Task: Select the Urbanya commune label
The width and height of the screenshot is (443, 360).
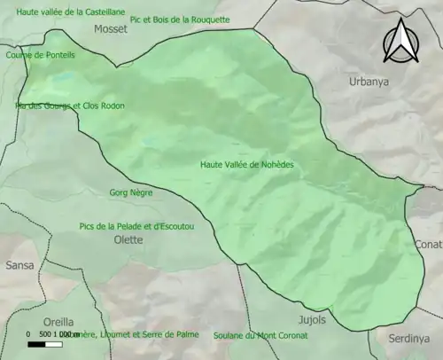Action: tap(369, 81)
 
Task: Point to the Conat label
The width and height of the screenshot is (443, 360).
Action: tap(428, 244)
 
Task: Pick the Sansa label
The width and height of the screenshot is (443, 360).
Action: tap(19, 265)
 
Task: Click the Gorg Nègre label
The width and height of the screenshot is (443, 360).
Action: tap(130, 192)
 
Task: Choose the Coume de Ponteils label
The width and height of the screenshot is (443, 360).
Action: tap(41, 54)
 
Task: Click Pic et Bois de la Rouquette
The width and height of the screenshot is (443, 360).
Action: tap(179, 19)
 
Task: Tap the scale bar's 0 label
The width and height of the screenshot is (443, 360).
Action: tap(28, 334)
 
